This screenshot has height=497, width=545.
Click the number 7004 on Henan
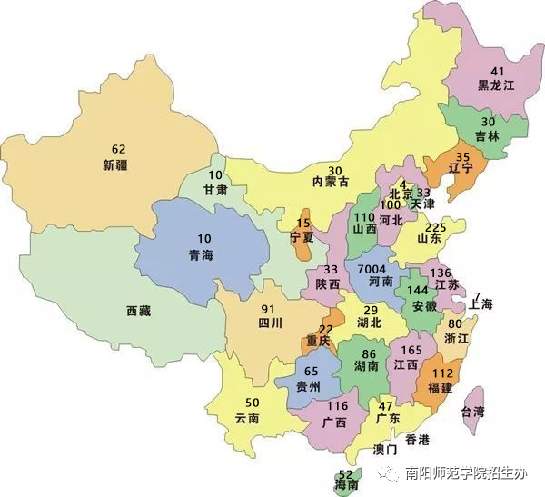tap(373, 269)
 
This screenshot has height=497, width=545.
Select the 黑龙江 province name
tap(497, 85)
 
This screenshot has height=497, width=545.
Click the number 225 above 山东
tap(436, 227)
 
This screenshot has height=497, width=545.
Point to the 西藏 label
tap(139, 311)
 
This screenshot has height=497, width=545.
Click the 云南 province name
tap(247, 419)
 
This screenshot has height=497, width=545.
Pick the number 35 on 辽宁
tap(461, 155)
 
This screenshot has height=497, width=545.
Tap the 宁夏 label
tap(302, 237)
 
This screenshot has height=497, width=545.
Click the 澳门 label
tap(385, 450)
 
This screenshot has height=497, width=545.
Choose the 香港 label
tap(417, 441)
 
